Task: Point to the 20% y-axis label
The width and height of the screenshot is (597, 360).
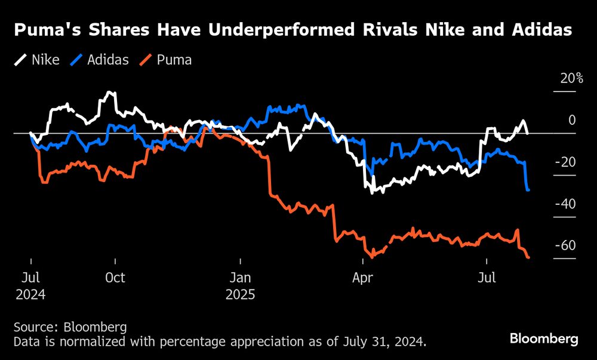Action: (x=571, y=79)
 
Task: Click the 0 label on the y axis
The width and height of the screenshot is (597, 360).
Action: (x=572, y=121)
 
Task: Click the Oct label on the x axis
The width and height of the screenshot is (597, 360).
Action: (x=115, y=278)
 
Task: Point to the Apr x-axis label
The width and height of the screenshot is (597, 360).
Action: (x=363, y=278)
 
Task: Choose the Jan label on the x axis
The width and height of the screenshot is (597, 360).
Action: (x=241, y=278)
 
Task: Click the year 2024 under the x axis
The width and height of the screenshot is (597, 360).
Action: (x=30, y=295)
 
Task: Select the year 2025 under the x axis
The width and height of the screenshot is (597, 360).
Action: (x=241, y=295)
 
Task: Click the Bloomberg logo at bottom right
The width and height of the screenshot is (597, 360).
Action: (x=544, y=339)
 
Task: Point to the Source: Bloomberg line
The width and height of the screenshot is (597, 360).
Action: (x=70, y=327)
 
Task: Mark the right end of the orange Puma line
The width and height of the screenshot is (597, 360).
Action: (x=528, y=257)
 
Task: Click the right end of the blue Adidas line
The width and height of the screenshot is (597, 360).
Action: (x=528, y=190)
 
